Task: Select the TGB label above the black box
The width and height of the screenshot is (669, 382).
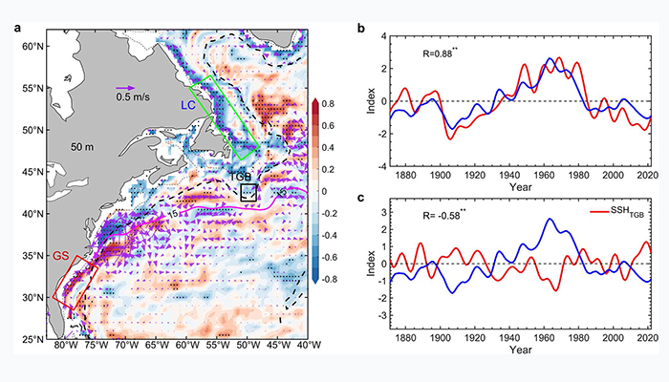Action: click(240, 177)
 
